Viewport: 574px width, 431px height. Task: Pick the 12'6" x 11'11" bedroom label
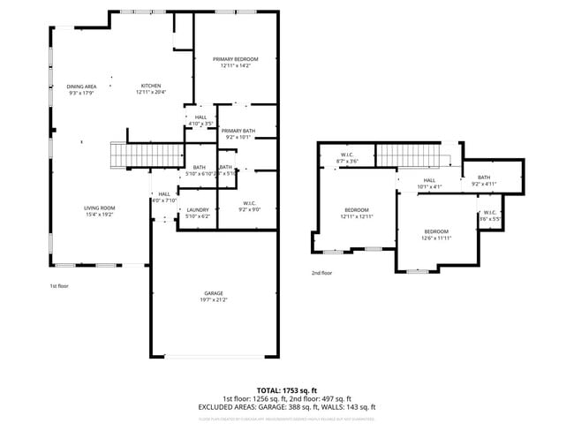(436, 233)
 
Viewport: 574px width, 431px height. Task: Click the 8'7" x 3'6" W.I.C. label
(347, 158)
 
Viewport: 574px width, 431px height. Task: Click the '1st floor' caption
(58, 286)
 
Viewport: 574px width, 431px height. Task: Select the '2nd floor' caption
(321, 273)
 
